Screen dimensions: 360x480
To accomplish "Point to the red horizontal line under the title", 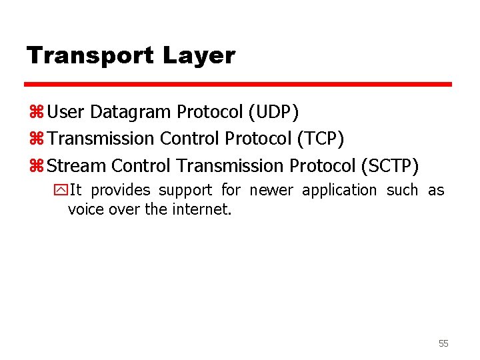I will pos(238,85).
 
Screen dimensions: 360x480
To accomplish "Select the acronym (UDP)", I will pos(273,112).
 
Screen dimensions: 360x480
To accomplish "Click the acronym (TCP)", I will pos(321,139).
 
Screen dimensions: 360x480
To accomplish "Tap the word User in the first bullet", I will pos(62,112).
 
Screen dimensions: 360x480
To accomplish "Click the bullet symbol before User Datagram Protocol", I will pos(36,113).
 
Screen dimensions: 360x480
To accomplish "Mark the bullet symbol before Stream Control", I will pos(36,165).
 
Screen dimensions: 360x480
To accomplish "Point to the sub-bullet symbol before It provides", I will pos(62,191).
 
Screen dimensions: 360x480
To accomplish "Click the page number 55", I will pos(443,343).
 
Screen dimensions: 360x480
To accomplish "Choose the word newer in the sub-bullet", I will pos(271,191).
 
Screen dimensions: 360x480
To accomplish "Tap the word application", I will pos(339,191).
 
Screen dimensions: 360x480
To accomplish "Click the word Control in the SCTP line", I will pos(141,165).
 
